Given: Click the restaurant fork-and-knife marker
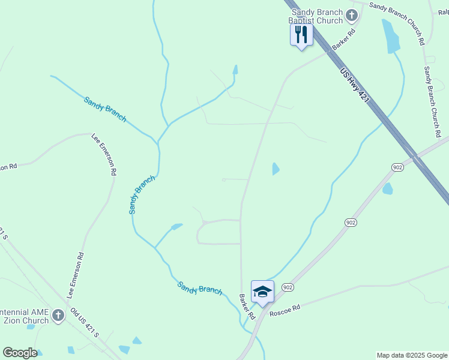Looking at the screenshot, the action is click(301, 34).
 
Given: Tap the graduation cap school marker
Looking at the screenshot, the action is click(262, 292).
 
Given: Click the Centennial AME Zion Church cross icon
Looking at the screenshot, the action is click(58, 314).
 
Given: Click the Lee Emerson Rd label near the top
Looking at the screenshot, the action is click(104, 154).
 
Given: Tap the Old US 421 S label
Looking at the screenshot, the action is click(84, 322).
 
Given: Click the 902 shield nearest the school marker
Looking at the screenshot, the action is click(288, 287).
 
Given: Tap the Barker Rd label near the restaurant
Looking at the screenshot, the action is click(344, 39).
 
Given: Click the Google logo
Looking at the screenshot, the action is click(20, 353).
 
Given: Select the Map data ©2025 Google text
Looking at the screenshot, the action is click(412, 355).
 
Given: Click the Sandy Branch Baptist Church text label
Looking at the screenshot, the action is click(317, 16).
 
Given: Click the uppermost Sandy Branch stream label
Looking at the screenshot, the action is click(105, 109).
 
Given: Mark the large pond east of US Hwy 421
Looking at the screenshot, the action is click(391, 37).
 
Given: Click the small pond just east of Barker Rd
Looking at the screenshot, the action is click(275, 169).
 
